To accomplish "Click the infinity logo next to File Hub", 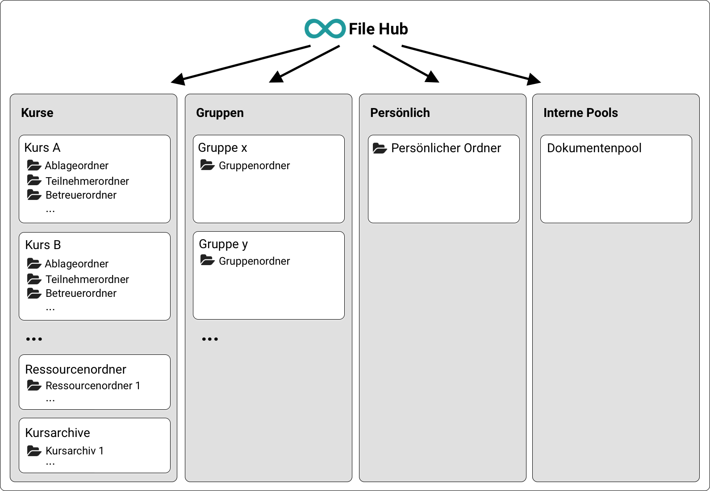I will pyautogui.click(x=325, y=29).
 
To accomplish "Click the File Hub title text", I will pyautogui.click(x=378, y=29).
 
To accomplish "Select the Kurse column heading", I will pyautogui.click(x=37, y=113).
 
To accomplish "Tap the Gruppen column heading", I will pyautogui.click(x=220, y=113).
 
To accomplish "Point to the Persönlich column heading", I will pyautogui.click(x=400, y=113).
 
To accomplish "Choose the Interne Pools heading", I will pyautogui.click(x=580, y=113).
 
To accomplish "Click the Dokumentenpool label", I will pyautogui.click(x=594, y=148).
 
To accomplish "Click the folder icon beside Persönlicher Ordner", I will pyautogui.click(x=380, y=148).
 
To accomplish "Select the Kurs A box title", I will pyautogui.click(x=42, y=148).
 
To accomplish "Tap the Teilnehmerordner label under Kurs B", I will pyautogui.click(x=87, y=279).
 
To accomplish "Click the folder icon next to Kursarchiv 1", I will pyautogui.click(x=34, y=451).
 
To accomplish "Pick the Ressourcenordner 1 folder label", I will pyautogui.click(x=93, y=386).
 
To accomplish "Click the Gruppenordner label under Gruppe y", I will pyautogui.click(x=254, y=261).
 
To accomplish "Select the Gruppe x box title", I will pyautogui.click(x=222, y=148).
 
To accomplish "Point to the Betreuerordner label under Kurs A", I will pyautogui.click(x=81, y=195).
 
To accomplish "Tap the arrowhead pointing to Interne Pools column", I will pyautogui.click(x=534, y=80).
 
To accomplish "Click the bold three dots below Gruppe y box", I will pyautogui.click(x=210, y=339).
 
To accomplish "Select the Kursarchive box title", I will pyautogui.click(x=58, y=433).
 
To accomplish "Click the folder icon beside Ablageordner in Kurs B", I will pyautogui.click(x=34, y=263).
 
